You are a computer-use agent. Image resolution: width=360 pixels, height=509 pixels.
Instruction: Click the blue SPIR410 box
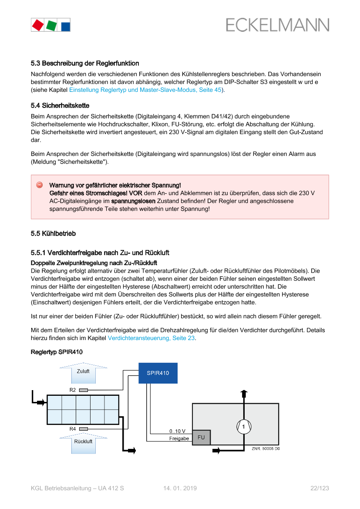(158, 373)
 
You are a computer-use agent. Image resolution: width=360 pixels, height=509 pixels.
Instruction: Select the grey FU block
(201, 437)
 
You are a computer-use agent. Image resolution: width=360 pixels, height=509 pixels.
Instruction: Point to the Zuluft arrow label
(83, 371)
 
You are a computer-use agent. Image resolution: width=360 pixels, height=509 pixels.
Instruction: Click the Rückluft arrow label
(83, 441)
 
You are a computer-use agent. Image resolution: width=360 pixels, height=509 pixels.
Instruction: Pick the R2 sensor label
(73, 390)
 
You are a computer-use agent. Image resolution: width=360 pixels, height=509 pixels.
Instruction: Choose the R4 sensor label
(73, 429)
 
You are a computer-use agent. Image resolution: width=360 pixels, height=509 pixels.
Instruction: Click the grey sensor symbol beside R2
(84, 390)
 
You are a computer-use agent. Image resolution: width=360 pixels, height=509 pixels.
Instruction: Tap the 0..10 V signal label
(177, 431)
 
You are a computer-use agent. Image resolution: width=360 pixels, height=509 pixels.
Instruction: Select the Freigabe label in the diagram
(179, 438)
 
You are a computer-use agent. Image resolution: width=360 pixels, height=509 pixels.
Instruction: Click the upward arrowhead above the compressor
(244, 393)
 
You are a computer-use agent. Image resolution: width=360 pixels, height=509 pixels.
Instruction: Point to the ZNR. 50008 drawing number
(265, 448)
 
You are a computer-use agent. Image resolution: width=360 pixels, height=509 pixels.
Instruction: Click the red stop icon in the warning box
(39, 185)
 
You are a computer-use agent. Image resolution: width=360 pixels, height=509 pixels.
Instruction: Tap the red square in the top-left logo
(37, 25)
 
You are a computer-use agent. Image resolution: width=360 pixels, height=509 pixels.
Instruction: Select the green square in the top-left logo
(51, 25)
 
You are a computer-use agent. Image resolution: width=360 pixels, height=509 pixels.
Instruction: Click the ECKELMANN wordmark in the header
(277, 25)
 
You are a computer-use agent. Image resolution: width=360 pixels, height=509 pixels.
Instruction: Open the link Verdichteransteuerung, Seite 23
(151, 338)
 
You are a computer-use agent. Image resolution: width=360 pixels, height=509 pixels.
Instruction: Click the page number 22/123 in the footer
(320, 489)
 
